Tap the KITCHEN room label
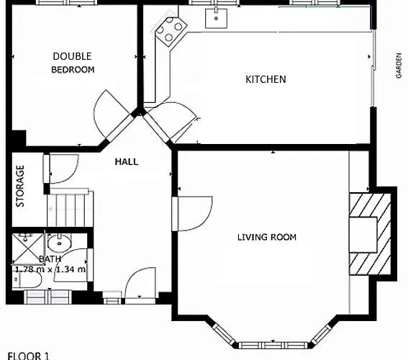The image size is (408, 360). [x=266, y=79]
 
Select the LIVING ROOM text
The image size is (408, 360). [x=267, y=237]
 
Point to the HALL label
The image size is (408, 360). [x=127, y=162]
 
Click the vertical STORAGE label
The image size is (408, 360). [x=21, y=186]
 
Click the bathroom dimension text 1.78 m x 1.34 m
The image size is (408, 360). [x=50, y=269]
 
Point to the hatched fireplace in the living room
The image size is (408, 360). [x=371, y=235]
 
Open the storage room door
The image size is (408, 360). [x=59, y=169]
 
